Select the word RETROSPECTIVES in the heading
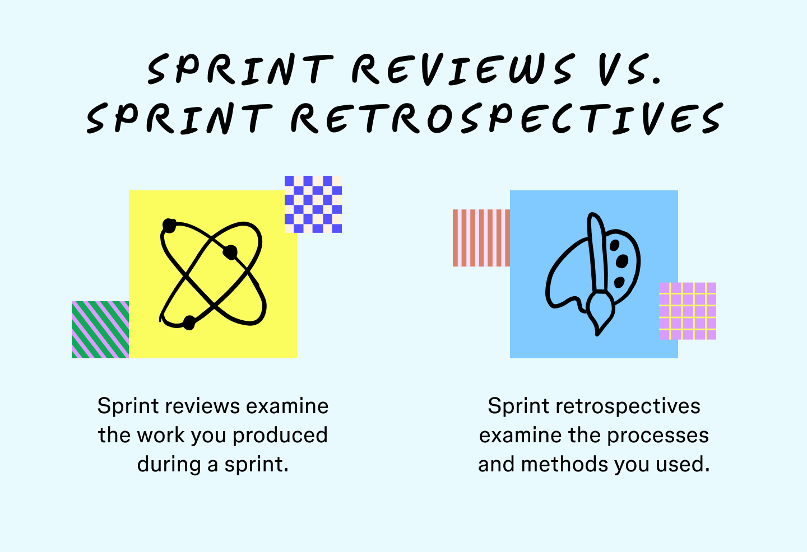click(507, 118)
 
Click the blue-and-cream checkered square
click(313, 204)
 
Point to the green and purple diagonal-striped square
click(100, 330)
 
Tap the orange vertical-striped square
click(481, 238)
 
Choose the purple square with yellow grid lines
click(688, 311)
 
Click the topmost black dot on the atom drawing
click(169, 226)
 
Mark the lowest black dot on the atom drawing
click(189, 322)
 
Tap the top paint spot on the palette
click(615, 245)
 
